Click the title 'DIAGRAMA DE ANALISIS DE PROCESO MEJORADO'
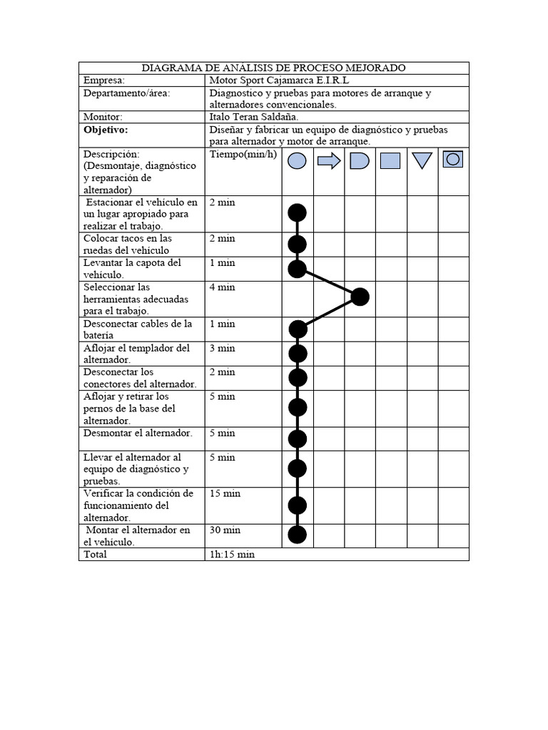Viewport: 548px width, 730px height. [273, 68]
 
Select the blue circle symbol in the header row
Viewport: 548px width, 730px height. [297, 161]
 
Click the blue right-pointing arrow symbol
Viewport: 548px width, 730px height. [329, 161]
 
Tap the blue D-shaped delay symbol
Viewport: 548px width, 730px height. [360, 161]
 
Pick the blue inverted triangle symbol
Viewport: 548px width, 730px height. [422, 161]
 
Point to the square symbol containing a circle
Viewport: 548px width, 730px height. [452, 159]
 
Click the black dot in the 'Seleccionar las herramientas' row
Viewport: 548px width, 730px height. [360, 297]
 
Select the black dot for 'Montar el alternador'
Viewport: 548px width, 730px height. [297, 535]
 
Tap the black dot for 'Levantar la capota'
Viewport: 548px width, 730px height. [297, 269]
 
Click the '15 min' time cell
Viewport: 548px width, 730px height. [225, 493]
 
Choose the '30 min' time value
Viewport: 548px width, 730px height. [225, 530]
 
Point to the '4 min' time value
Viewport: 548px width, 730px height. [222, 287]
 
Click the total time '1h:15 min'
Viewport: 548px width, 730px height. [232, 555]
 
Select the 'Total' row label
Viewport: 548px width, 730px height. [95, 555]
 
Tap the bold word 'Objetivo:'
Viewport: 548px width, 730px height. [105, 130]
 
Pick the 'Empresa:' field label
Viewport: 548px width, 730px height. [103, 81]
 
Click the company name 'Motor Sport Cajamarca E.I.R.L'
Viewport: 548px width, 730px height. [279, 81]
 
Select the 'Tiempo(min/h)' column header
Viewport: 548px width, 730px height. [243, 155]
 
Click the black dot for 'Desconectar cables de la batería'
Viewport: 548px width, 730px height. [298, 329]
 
